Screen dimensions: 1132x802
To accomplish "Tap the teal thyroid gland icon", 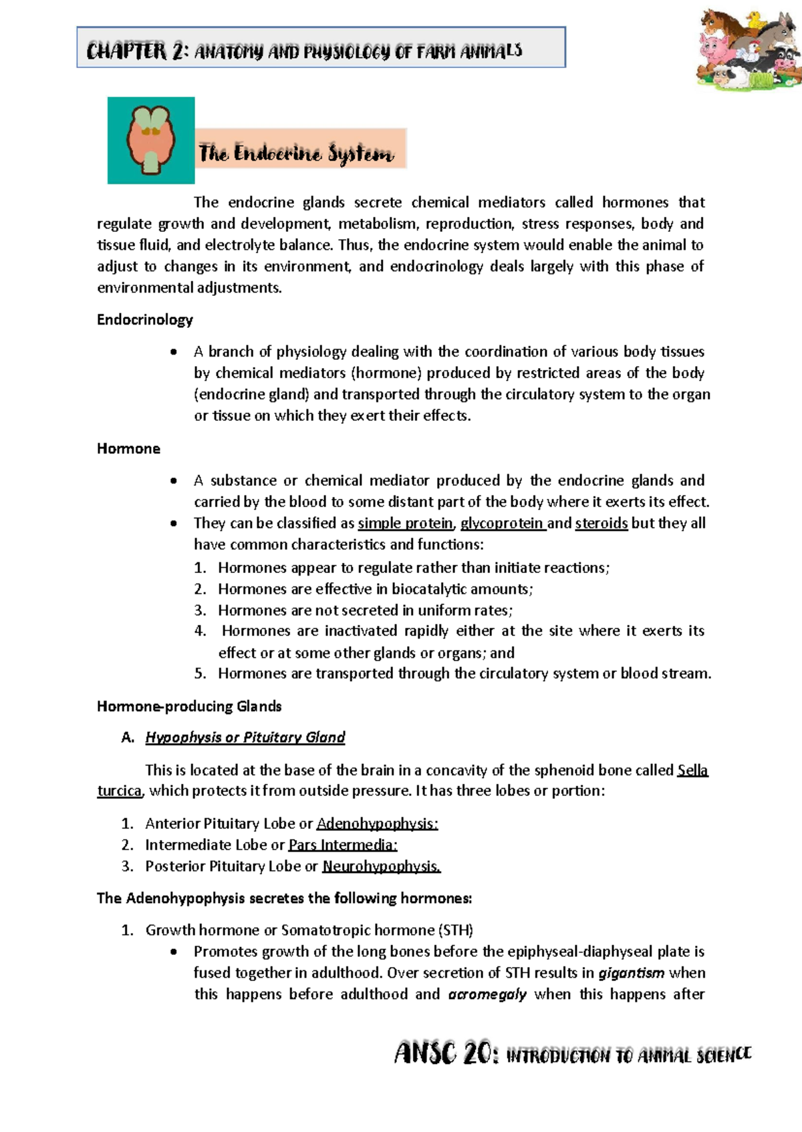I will coord(151,140).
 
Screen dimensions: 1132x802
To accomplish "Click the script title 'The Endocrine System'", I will coord(296,154).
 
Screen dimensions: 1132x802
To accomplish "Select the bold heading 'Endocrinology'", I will coord(144,320).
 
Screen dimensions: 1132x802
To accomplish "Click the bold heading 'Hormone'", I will coord(128,449).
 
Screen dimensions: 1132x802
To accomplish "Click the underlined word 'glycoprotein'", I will coord(502,523).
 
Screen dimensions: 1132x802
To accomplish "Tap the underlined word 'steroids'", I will coord(601,523).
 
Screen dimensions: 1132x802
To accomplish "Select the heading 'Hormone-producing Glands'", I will coord(189,707).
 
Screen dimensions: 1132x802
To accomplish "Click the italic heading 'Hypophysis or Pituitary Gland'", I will coord(245,737).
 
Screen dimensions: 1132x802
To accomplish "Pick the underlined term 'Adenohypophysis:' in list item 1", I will coord(377,823).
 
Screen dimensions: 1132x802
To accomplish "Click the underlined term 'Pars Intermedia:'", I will coord(343,845).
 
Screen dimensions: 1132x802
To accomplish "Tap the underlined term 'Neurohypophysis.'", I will coord(381,866).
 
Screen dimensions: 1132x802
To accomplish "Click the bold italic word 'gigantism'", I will coord(631,973).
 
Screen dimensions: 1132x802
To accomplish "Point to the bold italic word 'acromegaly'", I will coord(487,994).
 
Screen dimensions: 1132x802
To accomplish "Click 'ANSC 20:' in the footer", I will coord(445,1055).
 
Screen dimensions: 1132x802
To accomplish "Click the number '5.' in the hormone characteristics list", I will coord(200,674).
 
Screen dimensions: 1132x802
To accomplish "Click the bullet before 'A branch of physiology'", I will coord(174,352).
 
